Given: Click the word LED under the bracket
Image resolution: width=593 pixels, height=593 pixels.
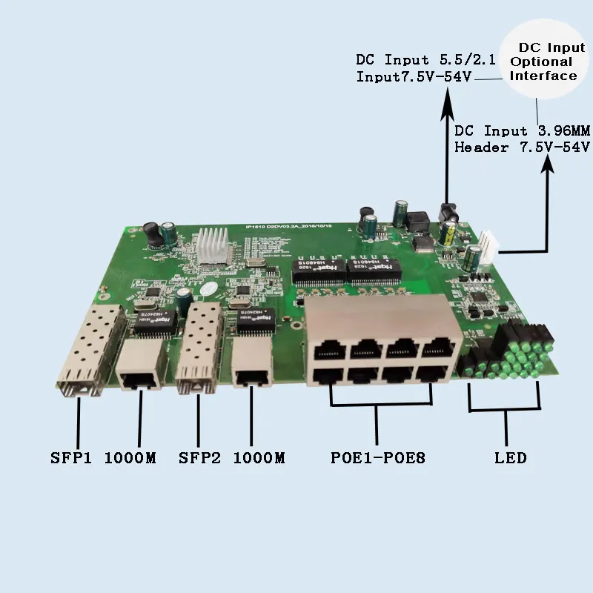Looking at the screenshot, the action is click(x=510, y=458).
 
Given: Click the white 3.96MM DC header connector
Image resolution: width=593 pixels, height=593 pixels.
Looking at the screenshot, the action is click(x=487, y=245).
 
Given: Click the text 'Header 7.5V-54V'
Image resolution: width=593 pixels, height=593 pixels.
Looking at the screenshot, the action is click(x=522, y=147).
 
